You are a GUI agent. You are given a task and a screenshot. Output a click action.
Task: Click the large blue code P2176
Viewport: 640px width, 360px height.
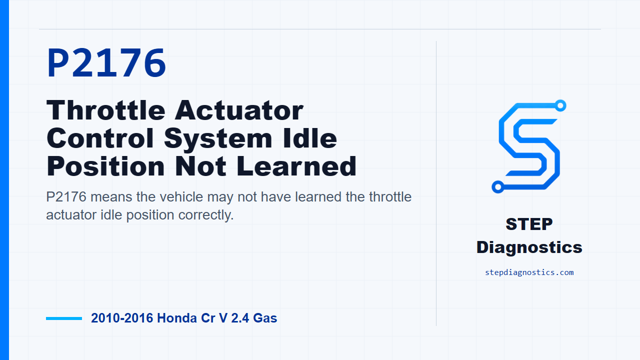pos(106,63)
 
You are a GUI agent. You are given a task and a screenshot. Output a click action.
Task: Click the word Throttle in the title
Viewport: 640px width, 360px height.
pos(105,110)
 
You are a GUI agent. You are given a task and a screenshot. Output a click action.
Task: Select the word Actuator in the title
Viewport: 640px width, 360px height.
pos(239,110)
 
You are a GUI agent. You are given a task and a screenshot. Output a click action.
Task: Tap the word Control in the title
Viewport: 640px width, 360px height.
pos(100,138)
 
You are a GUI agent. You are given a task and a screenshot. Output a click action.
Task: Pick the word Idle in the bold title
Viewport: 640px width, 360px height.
pos(309,138)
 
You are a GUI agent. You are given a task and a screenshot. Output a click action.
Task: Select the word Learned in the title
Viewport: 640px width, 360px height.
pos(296,166)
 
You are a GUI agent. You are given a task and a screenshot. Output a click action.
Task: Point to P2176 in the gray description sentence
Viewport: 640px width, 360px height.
pos(66,197)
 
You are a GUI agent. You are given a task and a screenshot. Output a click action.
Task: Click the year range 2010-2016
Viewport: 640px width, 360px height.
pos(122,318)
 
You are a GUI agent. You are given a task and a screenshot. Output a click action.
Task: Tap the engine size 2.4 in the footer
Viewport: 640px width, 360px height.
pos(240,318)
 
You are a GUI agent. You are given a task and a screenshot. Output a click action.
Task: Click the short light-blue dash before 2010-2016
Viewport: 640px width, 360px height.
pos(64,318)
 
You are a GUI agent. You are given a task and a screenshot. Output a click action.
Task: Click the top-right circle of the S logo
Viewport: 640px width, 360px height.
pos(560,105)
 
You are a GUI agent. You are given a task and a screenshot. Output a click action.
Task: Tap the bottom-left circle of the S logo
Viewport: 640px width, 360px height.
pos(497,187)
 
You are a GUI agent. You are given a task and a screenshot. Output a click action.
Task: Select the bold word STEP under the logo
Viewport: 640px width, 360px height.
pos(529,224)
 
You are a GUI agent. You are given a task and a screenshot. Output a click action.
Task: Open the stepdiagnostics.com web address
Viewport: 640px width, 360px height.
pos(529,272)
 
